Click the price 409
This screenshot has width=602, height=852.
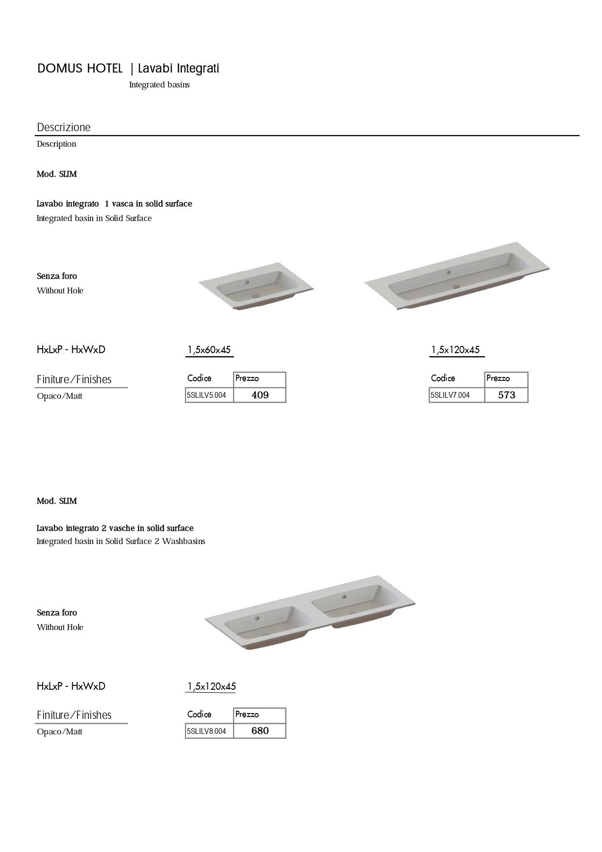tap(260, 395)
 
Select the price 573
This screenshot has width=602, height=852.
tap(506, 395)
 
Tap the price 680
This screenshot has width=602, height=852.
tap(260, 731)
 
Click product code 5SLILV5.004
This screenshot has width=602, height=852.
tap(206, 395)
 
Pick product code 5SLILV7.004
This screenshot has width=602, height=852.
tap(450, 395)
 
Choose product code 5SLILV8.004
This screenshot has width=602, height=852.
tap(206, 731)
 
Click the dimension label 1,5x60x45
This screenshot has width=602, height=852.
tap(209, 350)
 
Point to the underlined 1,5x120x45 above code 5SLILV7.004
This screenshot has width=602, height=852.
tap(455, 350)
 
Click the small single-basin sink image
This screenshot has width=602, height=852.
tap(256, 287)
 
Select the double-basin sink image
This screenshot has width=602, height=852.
tap(310, 613)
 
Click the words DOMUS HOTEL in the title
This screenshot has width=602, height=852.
tap(80, 68)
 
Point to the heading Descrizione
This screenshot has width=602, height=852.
tap(64, 127)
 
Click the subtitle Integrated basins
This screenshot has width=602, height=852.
tap(159, 85)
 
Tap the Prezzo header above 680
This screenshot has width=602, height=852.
tap(247, 714)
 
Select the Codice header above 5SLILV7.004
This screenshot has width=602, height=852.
tap(443, 378)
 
